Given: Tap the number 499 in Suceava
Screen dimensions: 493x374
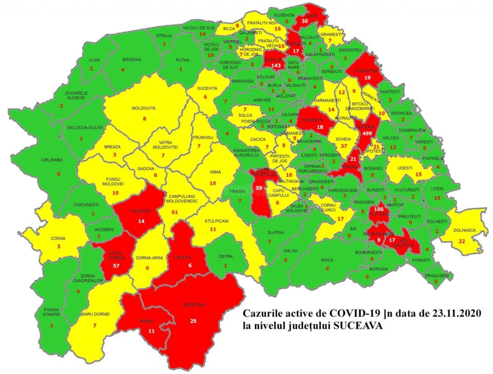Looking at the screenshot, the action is click(x=367, y=133).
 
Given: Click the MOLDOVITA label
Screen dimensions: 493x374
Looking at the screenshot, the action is click(x=144, y=108).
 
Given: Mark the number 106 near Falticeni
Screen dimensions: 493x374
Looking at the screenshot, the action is click(x=380, y=210).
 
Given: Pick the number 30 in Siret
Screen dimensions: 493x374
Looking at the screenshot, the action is click(x=305, y=21).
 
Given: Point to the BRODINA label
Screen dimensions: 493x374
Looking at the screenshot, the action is click(x=123, y=60).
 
